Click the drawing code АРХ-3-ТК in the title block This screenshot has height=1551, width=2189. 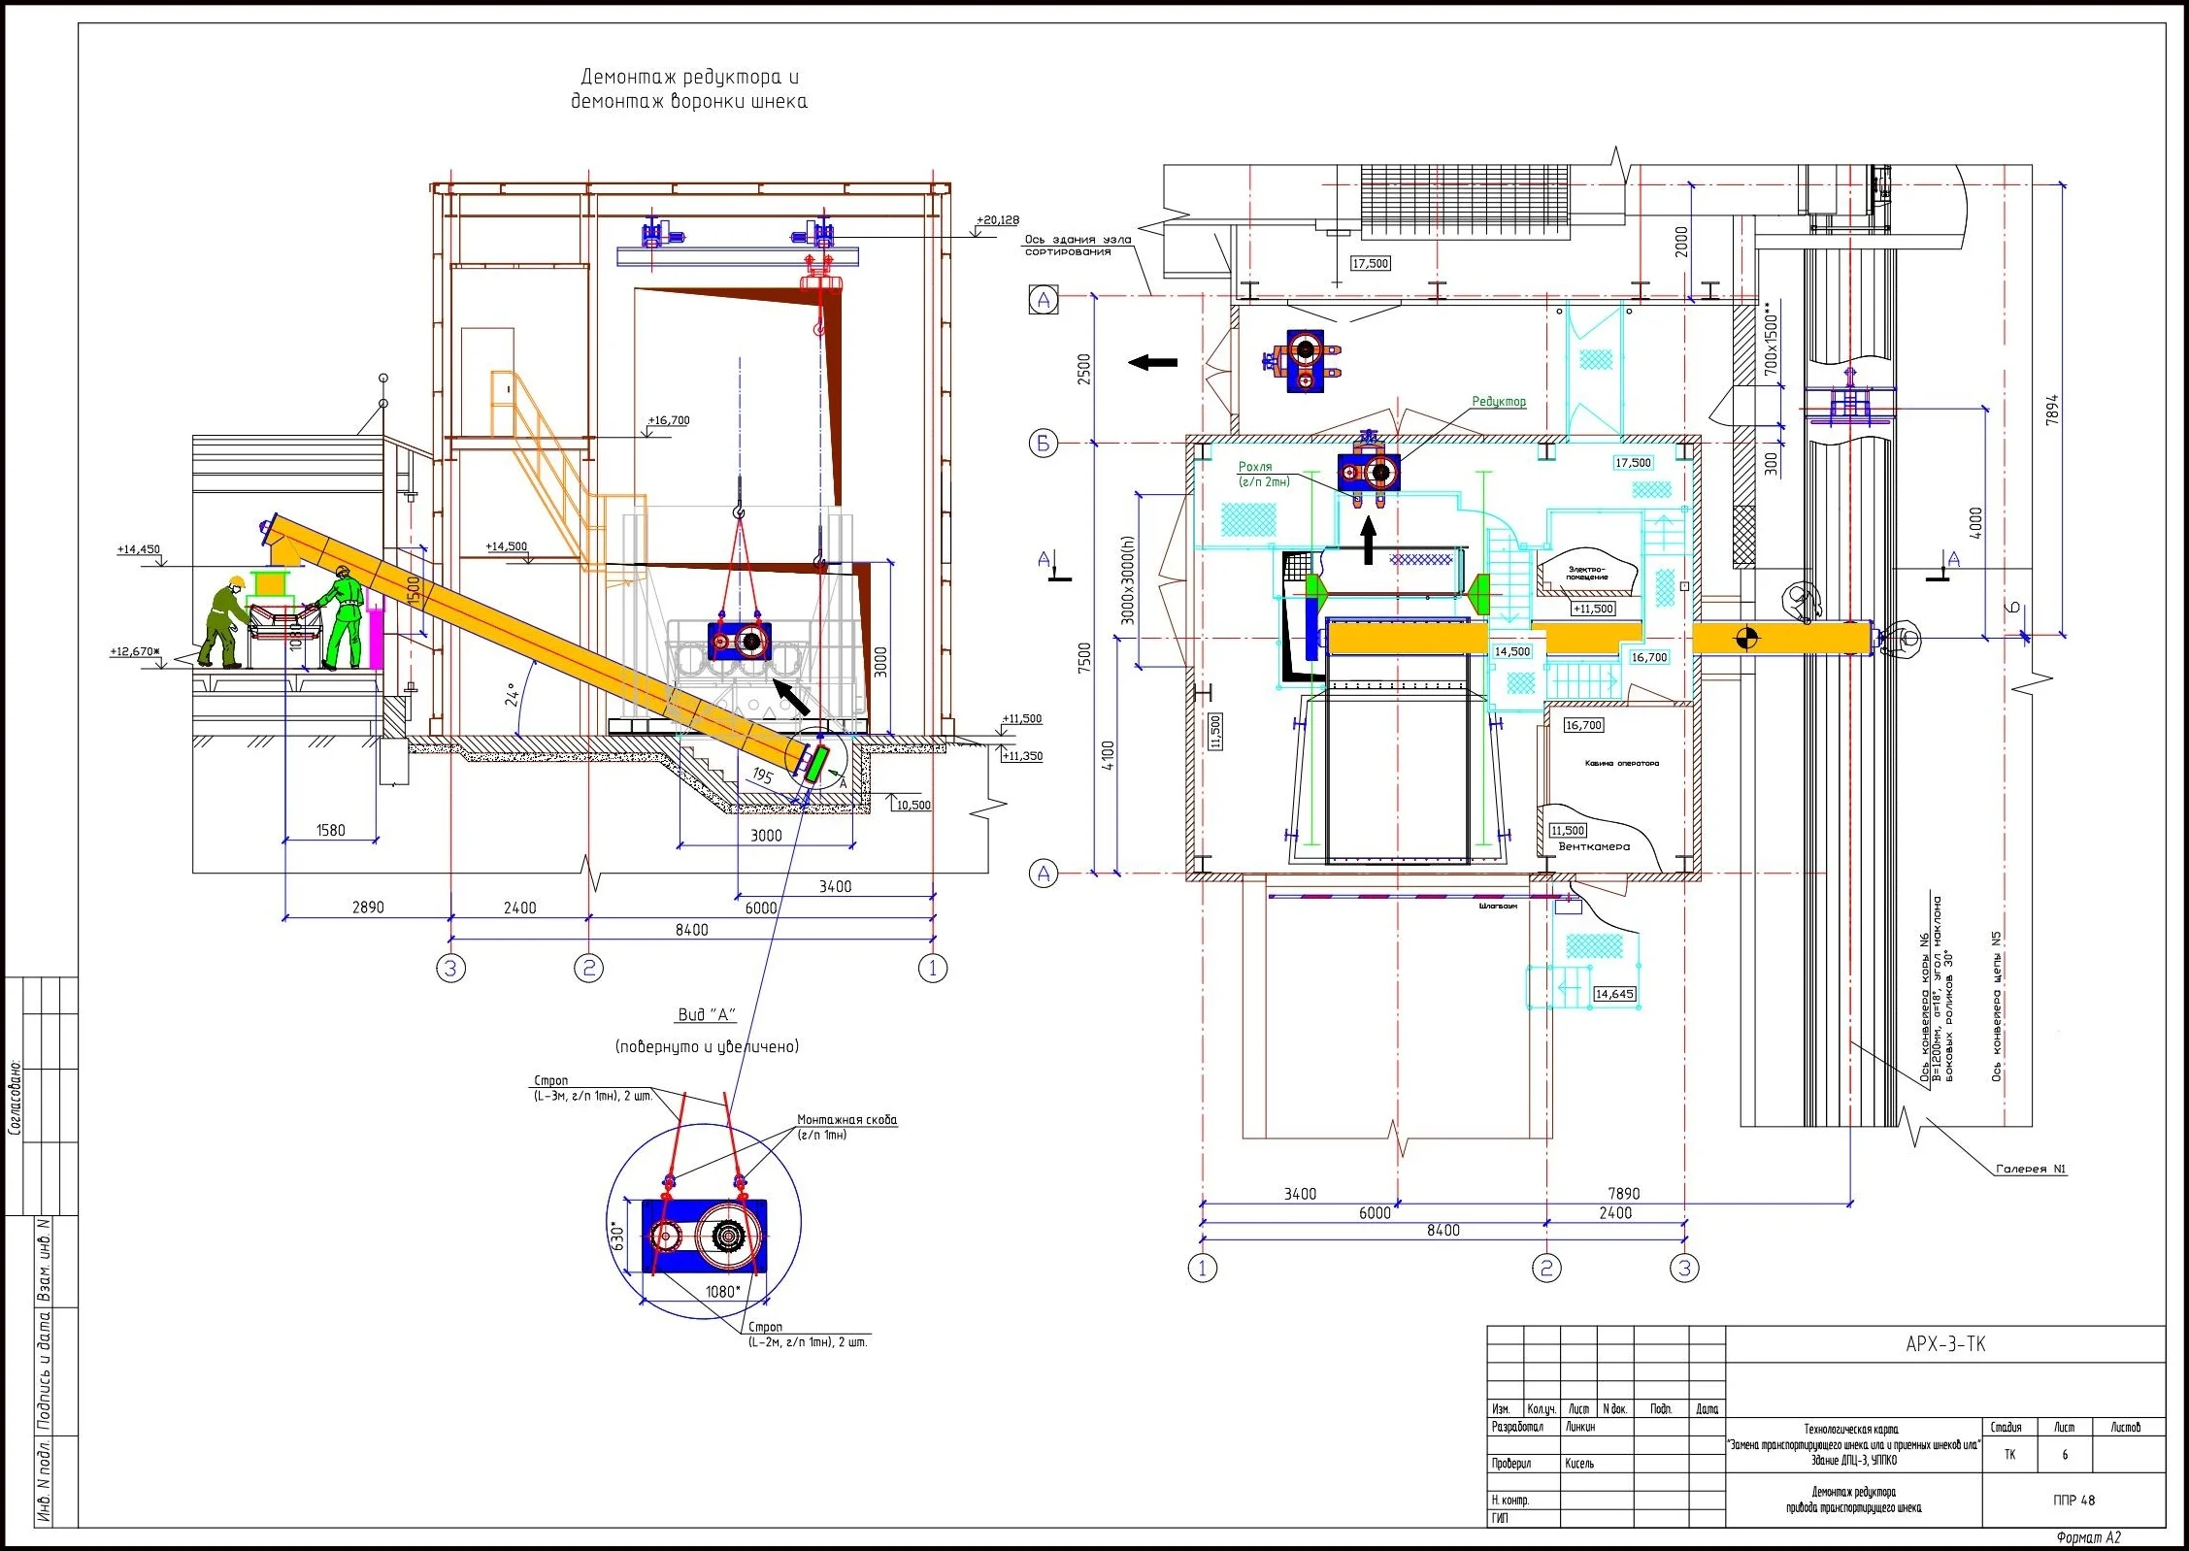click(1944, 1344)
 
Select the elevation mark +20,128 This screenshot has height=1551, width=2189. click(997, 221)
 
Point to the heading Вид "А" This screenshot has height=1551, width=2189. click(706, 1015)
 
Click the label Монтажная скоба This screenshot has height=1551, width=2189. click(846, 1120)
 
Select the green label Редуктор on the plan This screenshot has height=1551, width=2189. click(1498, 402)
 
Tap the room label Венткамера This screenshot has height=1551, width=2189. click(1594, 846)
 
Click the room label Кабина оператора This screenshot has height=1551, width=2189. click(1621, 763)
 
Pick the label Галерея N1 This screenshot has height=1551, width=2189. click(2030, 1170)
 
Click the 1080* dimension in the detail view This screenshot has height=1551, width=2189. click(722, 1292)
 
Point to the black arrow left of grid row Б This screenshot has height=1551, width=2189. click(1153, 363)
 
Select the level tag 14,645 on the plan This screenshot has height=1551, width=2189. click(1614, 994)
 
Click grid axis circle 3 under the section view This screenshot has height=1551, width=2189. click(450, 968)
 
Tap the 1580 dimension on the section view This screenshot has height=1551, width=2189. click(330, 831)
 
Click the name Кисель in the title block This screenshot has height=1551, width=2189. click(1578, 1464)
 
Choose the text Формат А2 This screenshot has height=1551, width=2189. click(2088, 1537)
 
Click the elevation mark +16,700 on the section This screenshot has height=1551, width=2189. click(669, 421)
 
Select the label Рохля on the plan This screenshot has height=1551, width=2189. click(1255, 467)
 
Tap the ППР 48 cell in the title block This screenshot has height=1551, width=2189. click(2073, 1501)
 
